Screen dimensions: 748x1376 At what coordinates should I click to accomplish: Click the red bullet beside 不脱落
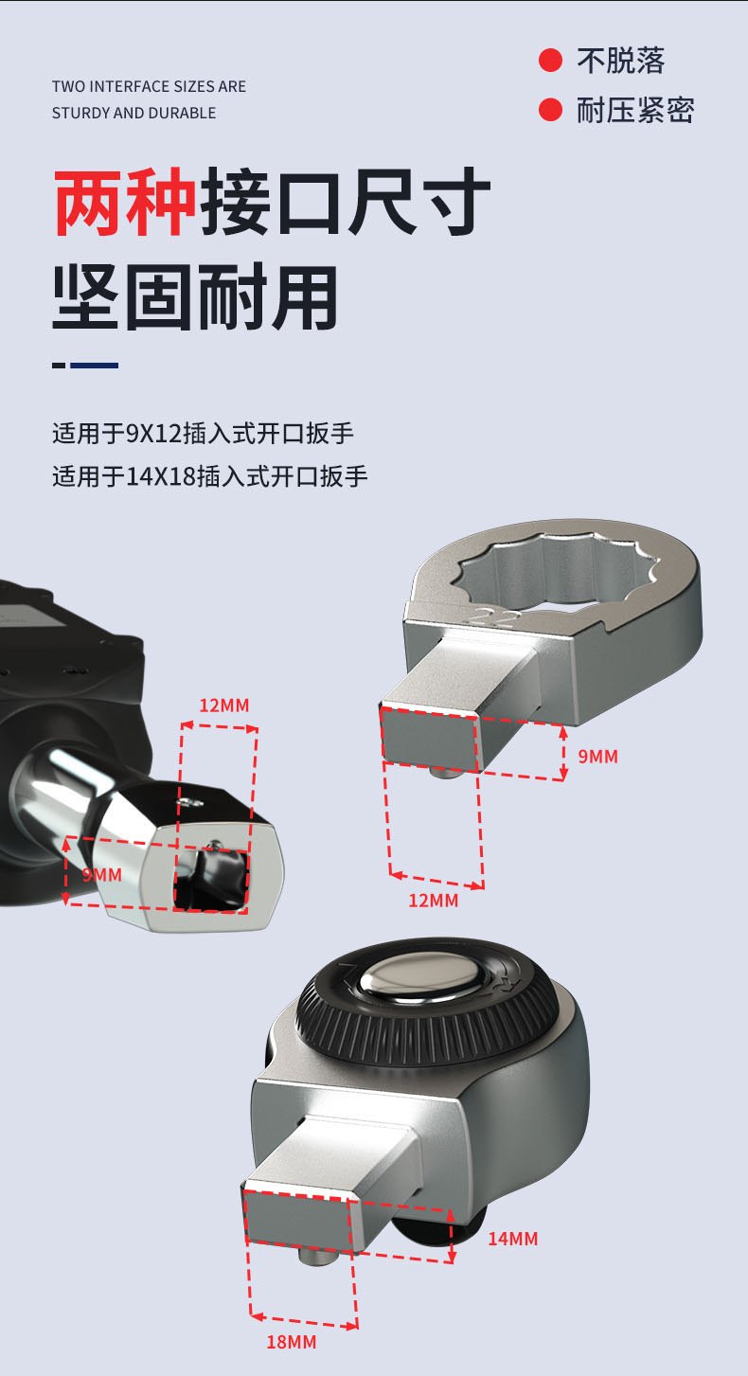pos(550,61)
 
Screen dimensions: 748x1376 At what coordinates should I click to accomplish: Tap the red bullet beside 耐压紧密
pos(550,109)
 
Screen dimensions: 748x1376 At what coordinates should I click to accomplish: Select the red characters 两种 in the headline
pos(125,202)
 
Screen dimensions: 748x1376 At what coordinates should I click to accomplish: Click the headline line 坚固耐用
pos(195,298)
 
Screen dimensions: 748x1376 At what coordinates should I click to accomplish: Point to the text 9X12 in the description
pos(153,434)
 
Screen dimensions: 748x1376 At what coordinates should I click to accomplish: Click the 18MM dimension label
pos(291,1342)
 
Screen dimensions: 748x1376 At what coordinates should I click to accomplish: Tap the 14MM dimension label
pos(513,1239)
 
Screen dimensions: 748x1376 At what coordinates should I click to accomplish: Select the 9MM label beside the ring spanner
pos(597,757)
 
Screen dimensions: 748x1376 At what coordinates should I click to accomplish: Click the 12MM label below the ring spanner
pos(434,901)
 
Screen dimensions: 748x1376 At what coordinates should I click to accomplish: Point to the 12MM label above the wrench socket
pos(224,706)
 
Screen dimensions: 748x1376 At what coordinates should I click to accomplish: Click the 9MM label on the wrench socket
pos(102,875)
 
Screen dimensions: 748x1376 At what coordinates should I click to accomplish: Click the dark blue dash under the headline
pos(95,365)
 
